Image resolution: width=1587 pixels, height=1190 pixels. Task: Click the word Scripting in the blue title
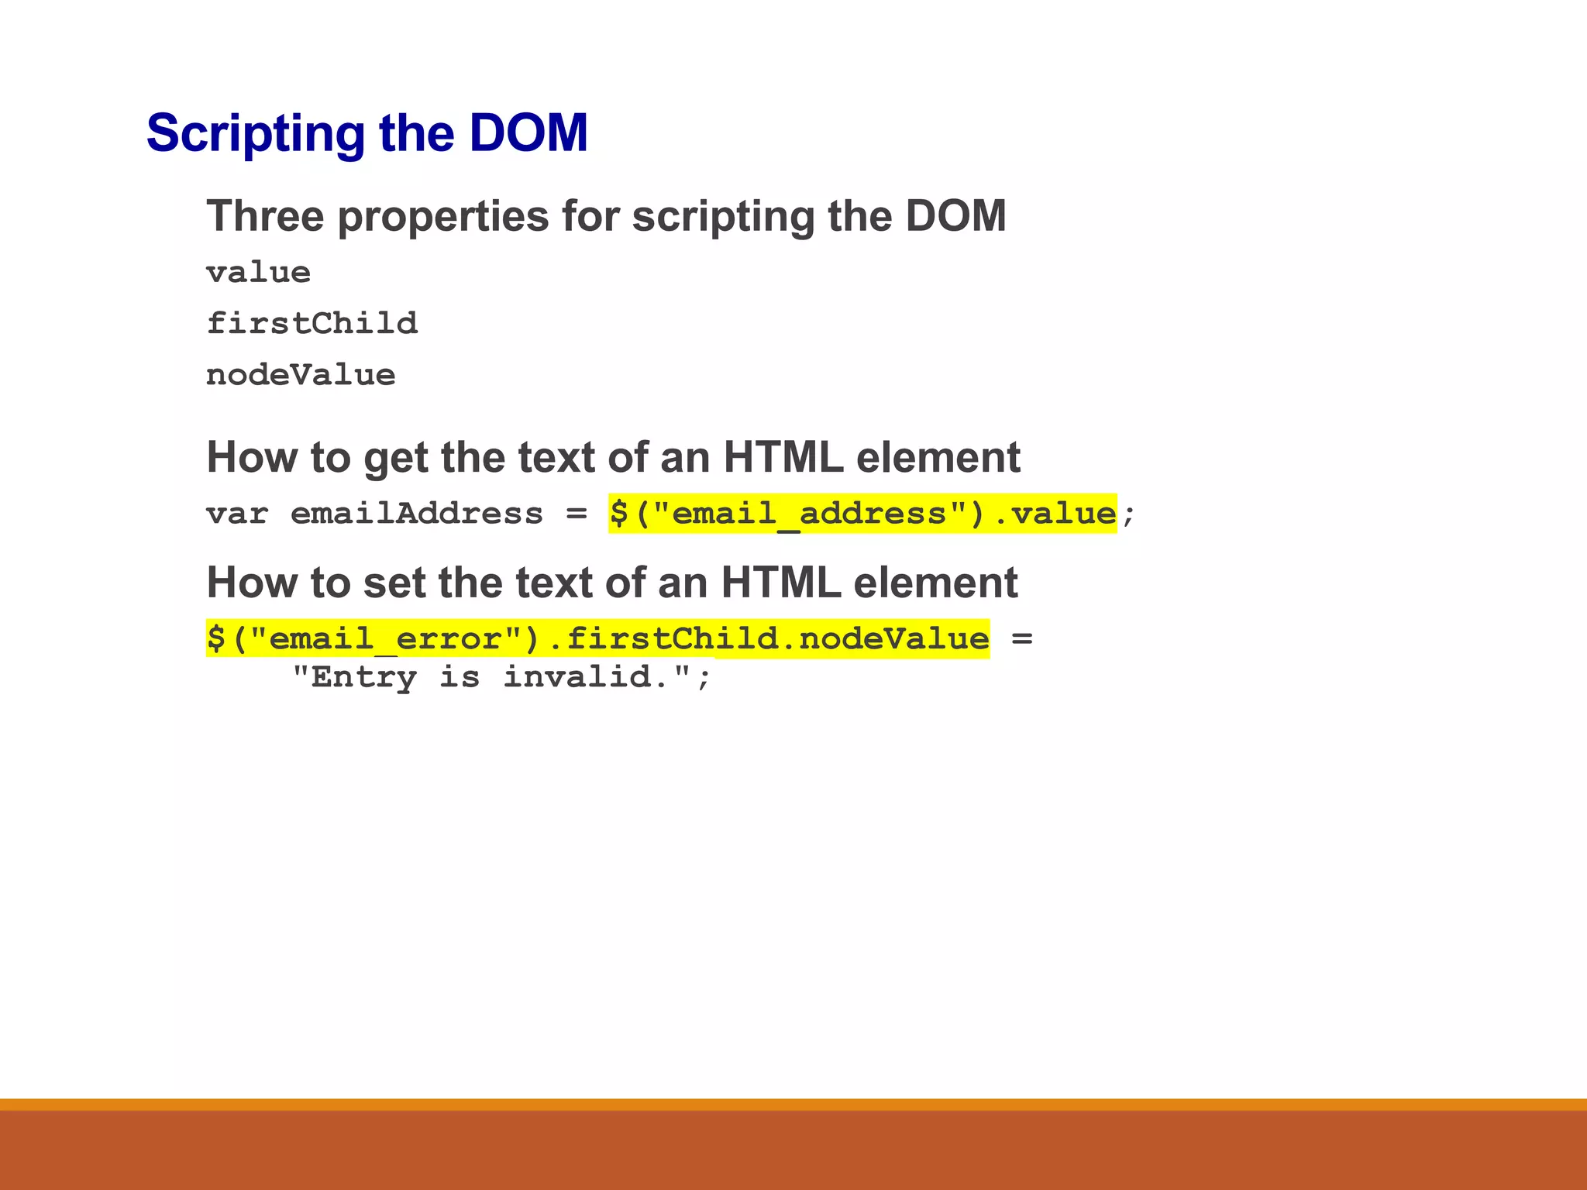click(255, 134)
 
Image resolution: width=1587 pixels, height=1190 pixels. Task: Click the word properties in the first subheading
click(442, 217)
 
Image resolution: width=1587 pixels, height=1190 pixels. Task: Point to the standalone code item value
click(258, 273)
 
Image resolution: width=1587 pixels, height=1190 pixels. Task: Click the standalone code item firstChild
click(312, 323)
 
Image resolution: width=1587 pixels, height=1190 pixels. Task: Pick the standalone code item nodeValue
click(301, 375)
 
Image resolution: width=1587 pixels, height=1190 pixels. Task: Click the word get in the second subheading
click(394, 459)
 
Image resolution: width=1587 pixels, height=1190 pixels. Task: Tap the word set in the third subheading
click(394, 583)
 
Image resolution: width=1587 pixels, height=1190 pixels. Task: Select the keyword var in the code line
click(237, 514)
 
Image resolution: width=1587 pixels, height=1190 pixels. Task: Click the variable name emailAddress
click(416, 514)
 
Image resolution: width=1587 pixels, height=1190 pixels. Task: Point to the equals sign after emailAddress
click(576, 514)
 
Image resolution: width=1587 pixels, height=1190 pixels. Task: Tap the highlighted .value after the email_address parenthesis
click(1055, 514)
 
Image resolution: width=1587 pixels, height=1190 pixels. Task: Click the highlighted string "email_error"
click(385, 639)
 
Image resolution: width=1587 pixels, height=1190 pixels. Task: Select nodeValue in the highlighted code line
click(893, 639)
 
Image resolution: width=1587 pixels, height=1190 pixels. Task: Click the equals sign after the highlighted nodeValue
click(1022, 639)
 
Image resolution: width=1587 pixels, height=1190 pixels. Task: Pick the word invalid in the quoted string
click(586, 677)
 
